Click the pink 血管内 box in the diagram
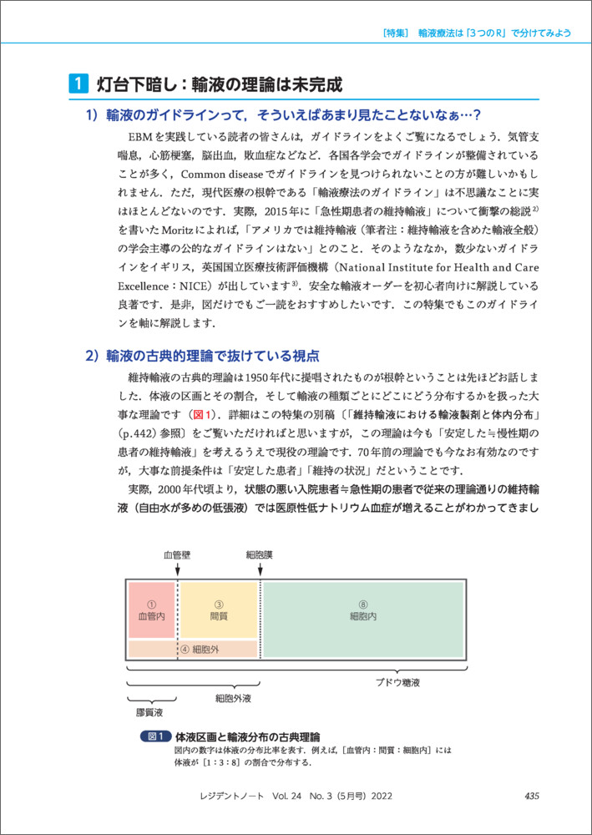click(x=151, y=610)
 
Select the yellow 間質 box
click(x=219, y=610)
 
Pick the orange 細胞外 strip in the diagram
click(x=193, y=649)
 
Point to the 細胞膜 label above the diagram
click(x=259, y=554)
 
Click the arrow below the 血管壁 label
click(x=176, y=569)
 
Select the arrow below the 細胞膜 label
click(x=261, y=569)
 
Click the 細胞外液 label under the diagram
click(x=233, y=697)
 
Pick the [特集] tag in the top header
click(x=394, y=33)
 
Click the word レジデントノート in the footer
click(x=238, y=797)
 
